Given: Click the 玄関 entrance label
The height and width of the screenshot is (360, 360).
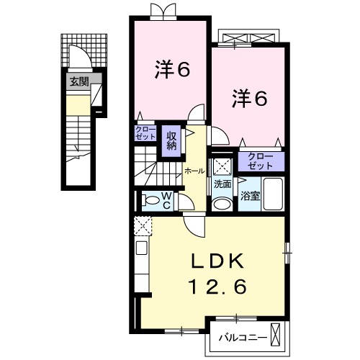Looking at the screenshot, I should point(78,82).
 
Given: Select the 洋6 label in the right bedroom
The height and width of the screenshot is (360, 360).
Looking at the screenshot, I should point(249,98).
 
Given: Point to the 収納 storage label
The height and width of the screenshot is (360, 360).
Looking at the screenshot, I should point(172,137).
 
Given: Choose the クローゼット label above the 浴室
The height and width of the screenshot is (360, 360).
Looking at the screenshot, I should point(260,160).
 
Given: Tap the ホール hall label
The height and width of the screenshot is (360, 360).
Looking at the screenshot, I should point(193,171).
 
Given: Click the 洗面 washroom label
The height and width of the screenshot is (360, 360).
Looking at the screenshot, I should point(222,184).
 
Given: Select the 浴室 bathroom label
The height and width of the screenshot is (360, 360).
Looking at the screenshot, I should point(250,195).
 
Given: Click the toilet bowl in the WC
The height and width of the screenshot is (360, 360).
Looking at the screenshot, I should point(149,200).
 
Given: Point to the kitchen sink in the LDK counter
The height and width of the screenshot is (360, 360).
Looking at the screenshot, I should point(141,250).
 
